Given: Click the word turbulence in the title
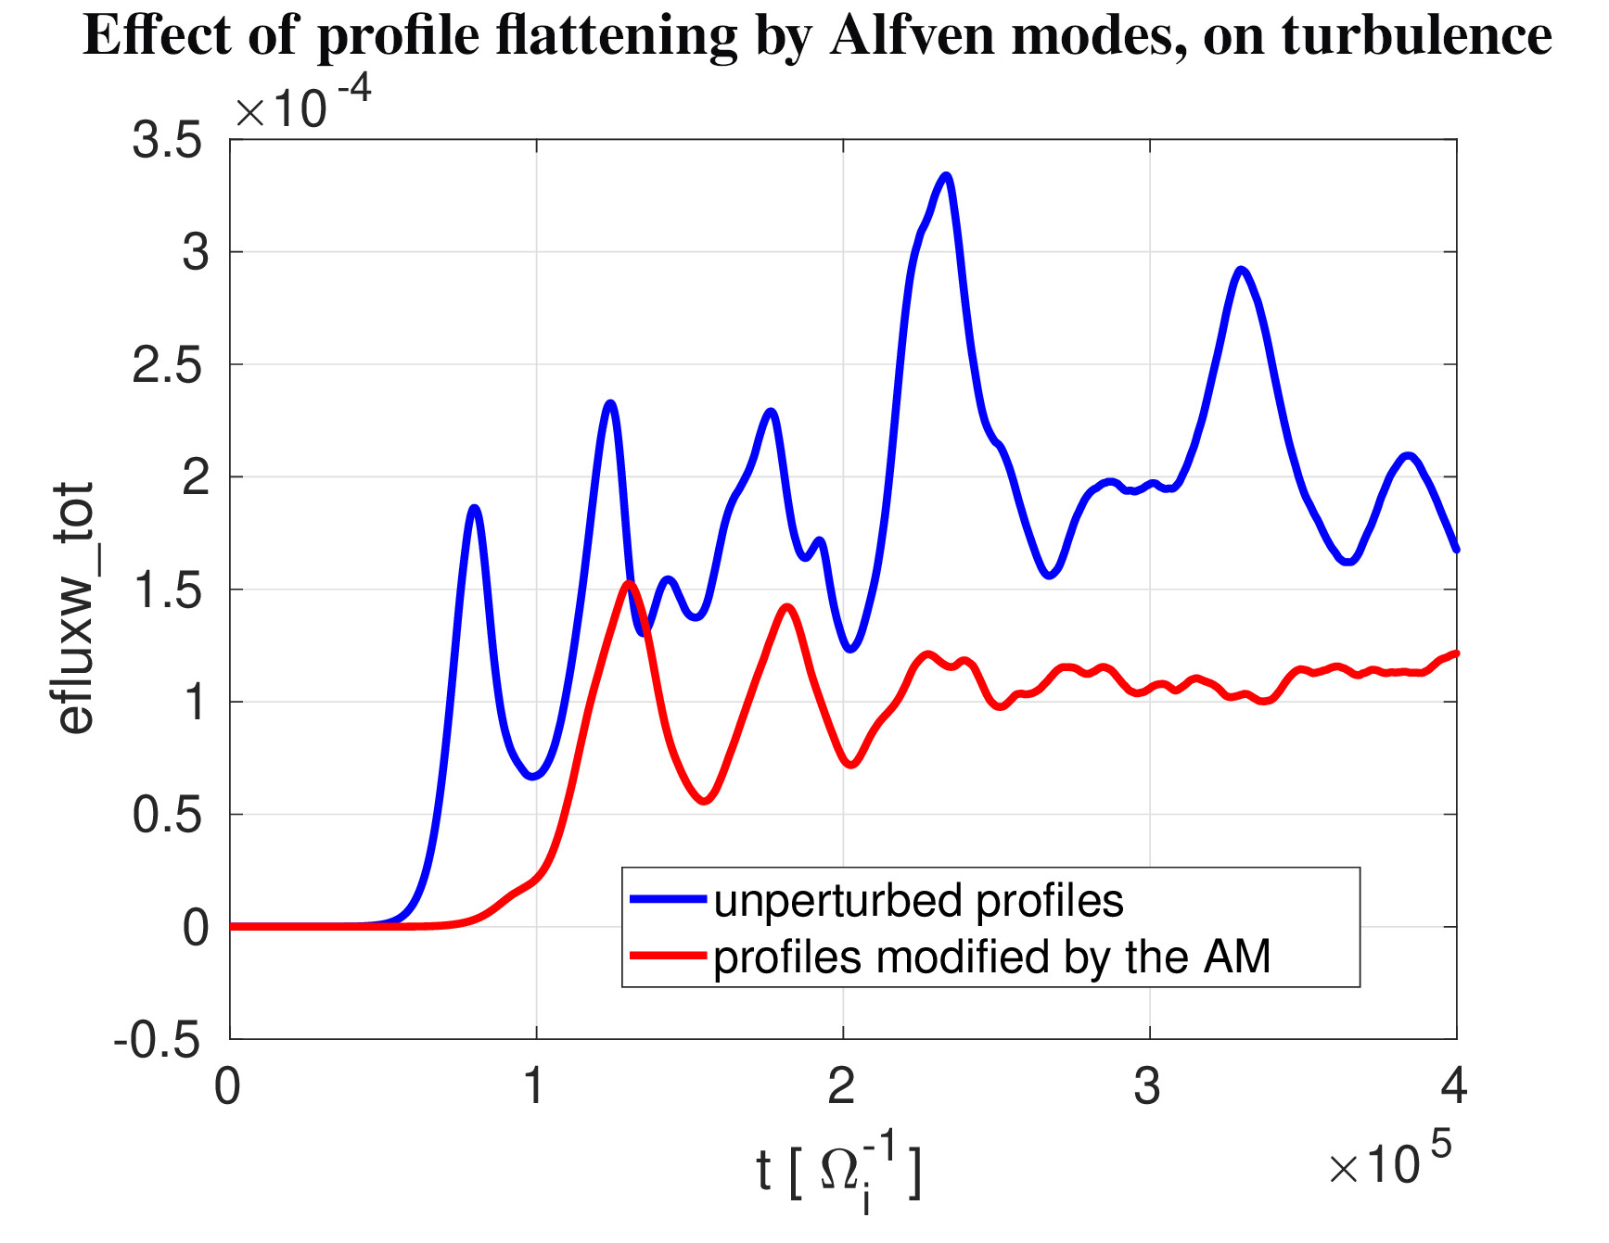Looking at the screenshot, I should point(1416,36).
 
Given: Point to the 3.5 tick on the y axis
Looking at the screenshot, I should point(167,141).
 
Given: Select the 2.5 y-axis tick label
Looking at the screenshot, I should point(167,366).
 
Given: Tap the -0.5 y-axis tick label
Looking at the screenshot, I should point(157,1040).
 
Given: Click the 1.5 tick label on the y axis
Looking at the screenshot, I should point(167,590).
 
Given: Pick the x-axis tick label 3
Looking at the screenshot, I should point(1148,1086).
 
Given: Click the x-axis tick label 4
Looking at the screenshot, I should point(1454,1086).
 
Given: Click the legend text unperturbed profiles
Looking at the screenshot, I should point(918,901).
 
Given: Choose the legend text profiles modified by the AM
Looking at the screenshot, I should point(991,957).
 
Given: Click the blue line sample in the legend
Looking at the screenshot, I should point(668,898).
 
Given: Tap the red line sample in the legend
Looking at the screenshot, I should point(668,955).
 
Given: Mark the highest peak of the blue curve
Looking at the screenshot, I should point(946,175).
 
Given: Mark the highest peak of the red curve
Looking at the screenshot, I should point(630,583).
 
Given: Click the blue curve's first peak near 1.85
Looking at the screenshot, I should point(475,508).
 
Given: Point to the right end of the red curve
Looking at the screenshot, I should point(1456,653).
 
